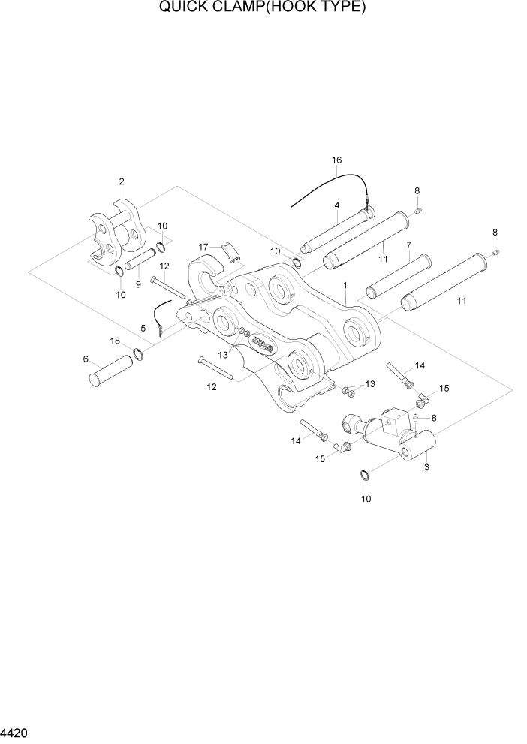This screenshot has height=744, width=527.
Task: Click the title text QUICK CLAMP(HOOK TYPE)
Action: pos(263,8)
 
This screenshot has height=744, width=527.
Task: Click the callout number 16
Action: pos(336,160)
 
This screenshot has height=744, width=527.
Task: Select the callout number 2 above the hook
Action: pos(121,181)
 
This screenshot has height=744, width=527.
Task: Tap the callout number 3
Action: pos(426,468)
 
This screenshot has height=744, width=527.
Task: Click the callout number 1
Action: pos(345,286)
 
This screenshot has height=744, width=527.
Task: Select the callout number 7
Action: pos(408,245)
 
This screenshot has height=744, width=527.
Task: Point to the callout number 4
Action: pos(337,205)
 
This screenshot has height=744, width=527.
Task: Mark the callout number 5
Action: pos(143,328)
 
